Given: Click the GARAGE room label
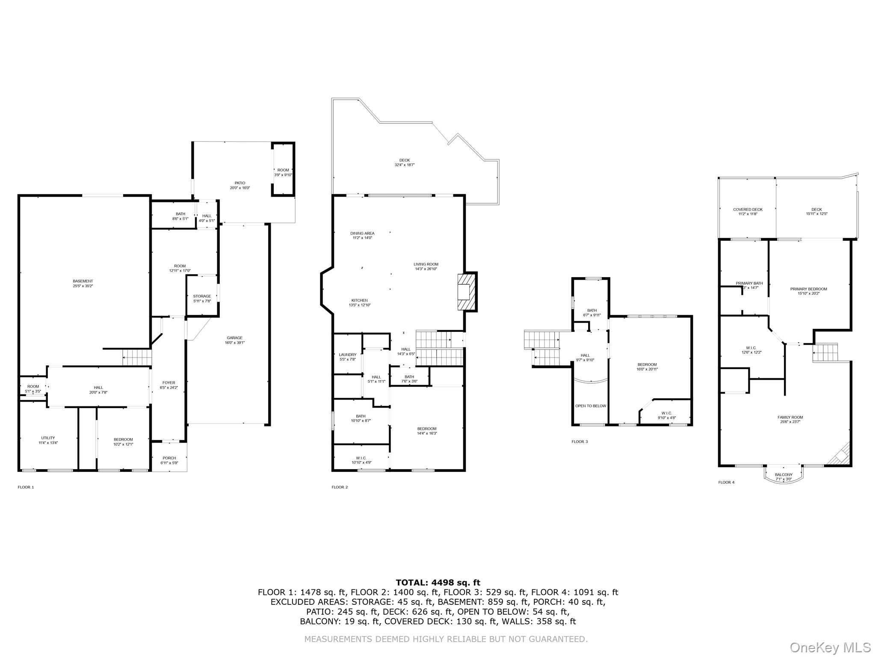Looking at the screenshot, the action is tap(234, 338).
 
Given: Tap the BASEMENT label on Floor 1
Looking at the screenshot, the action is tap(83, 281).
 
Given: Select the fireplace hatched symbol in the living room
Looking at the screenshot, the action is tap(466, 292).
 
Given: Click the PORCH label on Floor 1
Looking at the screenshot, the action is tap(169, 458).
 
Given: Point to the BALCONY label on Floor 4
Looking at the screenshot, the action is tap(784, 475).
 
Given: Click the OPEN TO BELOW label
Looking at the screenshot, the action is tap(590, 406).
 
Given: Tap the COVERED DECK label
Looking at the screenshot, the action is tap(748, 210).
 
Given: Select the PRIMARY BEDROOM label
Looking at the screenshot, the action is tap(808, 289).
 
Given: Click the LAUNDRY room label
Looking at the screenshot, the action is tap(347, 355).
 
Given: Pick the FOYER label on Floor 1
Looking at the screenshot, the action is tap(169, 383).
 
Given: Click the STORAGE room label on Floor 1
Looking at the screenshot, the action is tap(202, 296).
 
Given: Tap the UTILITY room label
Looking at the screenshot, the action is tap(48, 438).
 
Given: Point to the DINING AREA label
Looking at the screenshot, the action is tap(362, 234).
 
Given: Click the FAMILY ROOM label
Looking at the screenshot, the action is tap(790, 417).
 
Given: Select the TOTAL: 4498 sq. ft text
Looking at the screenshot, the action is tap(438, 583).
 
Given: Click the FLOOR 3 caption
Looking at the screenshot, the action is tap(580, 441).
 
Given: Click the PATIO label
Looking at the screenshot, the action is tap(240, 183).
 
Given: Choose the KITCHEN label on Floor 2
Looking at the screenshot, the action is tap(359, 300).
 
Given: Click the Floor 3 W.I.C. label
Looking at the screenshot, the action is tap(666, 413).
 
